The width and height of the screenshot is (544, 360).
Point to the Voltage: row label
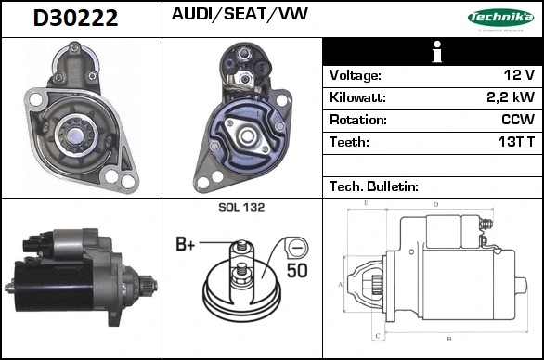point(356,75)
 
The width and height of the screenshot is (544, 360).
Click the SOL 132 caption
point(242,208)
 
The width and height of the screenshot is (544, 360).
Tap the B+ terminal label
point(186,245)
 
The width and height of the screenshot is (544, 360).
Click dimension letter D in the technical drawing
point(435,204)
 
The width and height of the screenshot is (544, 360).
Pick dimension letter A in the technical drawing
point(340,285)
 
